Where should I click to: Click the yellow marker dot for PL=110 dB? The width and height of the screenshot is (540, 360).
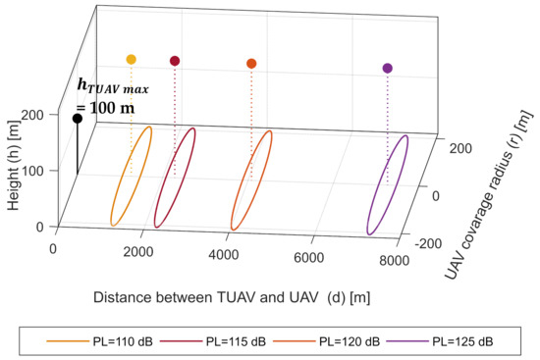(x=131, y=60)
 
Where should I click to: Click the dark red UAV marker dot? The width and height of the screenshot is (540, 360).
(x=175, y=61)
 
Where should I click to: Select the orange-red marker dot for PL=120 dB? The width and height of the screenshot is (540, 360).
(x=251, y=64)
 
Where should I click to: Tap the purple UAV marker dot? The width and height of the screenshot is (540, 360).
(x=387, y=69)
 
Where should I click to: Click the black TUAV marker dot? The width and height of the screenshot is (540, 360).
(x=77, y=119)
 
